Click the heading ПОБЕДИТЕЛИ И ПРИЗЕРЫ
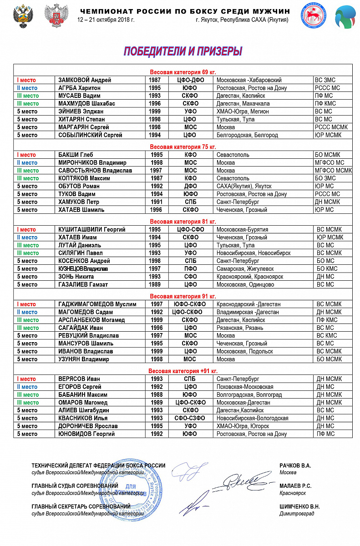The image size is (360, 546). point(183,51)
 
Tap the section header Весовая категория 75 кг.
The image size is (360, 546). point(183,147)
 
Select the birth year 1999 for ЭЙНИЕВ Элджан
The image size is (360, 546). point(155,111)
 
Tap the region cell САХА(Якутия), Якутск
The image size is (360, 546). point(244,186)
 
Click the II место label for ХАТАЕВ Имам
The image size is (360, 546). point(27,237)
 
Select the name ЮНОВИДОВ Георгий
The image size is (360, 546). point(86,434)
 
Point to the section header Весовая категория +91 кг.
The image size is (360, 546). point(183,371)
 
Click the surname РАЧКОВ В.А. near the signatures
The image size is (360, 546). point(295,465)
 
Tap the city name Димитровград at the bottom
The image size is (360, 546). point(297,514)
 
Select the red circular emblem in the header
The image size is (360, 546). point(313,17)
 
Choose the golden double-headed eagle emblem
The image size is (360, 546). point(22,17)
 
